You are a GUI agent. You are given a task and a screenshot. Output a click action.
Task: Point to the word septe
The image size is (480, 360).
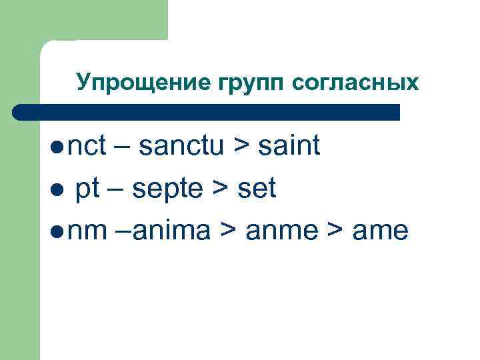coord(167,189)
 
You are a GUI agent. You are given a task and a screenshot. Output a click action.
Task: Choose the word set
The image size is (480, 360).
coord(255,189)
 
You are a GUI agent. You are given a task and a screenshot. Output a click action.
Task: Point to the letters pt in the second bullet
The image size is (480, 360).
coord(87,189)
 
